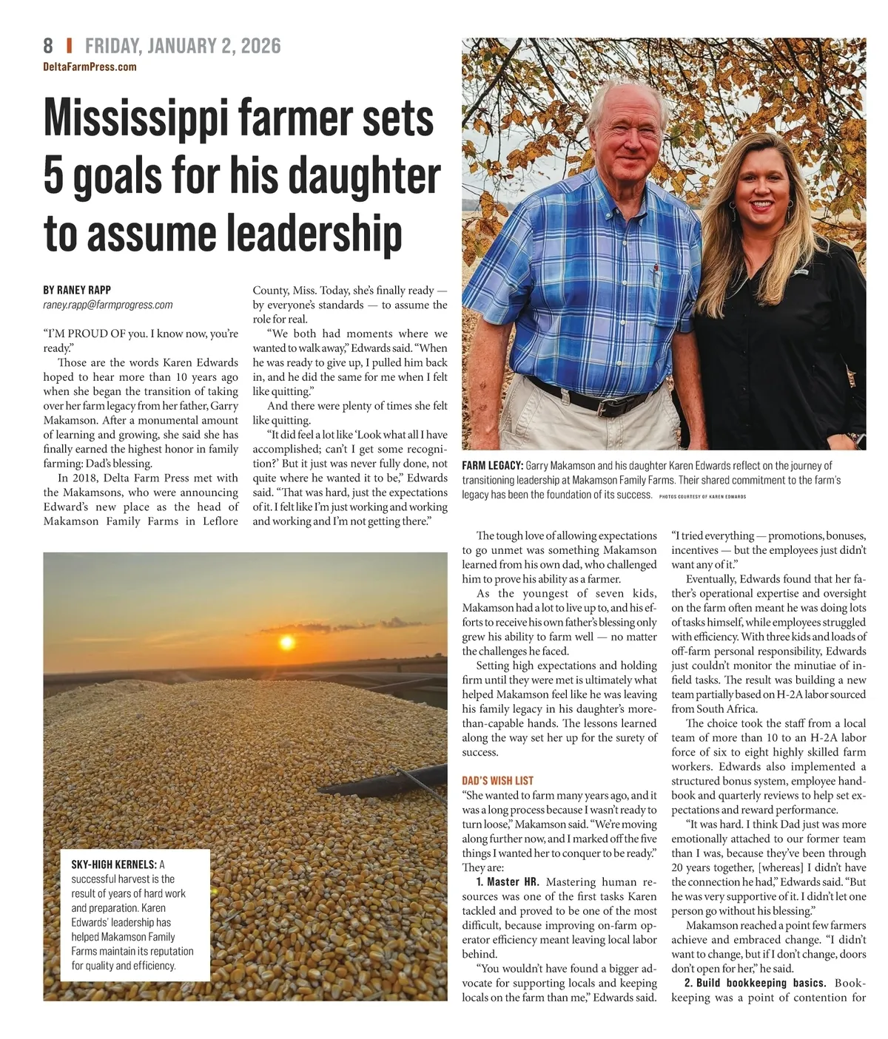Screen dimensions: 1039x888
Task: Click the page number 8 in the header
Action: (48, 46)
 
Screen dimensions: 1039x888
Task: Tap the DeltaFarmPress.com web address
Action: (90, 67)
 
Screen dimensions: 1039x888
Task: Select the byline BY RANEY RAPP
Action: (77, 290)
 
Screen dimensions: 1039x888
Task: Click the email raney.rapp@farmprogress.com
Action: (107, 305)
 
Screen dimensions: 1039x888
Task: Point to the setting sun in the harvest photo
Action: (286, 642)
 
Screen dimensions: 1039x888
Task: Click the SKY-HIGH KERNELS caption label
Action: (113, 864)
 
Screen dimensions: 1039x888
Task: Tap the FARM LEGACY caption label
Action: (493, 466)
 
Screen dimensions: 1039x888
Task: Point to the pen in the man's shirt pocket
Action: (654, 269)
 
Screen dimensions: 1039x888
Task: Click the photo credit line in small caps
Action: (702, 497)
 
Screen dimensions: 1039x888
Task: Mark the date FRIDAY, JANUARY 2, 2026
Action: (183, 46)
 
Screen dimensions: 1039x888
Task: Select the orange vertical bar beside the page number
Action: (69, 46)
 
